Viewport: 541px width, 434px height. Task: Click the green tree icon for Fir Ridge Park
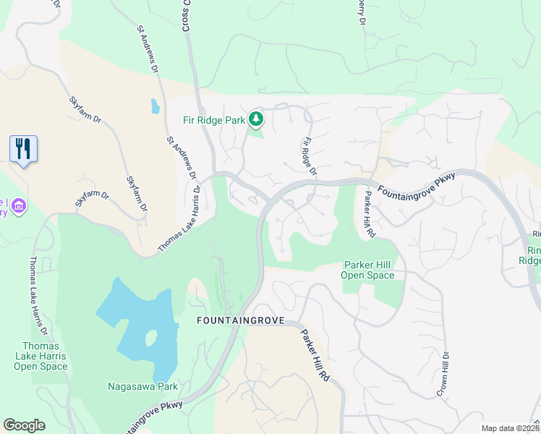click(x=255, y=118)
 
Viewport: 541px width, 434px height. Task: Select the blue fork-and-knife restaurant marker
click(x=24, y=149)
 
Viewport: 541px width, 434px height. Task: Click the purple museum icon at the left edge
click(x=18, y=208)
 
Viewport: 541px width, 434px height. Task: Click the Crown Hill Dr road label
click(x=443, y=373)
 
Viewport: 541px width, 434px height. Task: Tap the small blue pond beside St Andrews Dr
click(x=156, y=107)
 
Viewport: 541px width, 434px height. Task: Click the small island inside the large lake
click(x=151, y=338)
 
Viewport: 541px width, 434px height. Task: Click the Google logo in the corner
click(x=25, y=425)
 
